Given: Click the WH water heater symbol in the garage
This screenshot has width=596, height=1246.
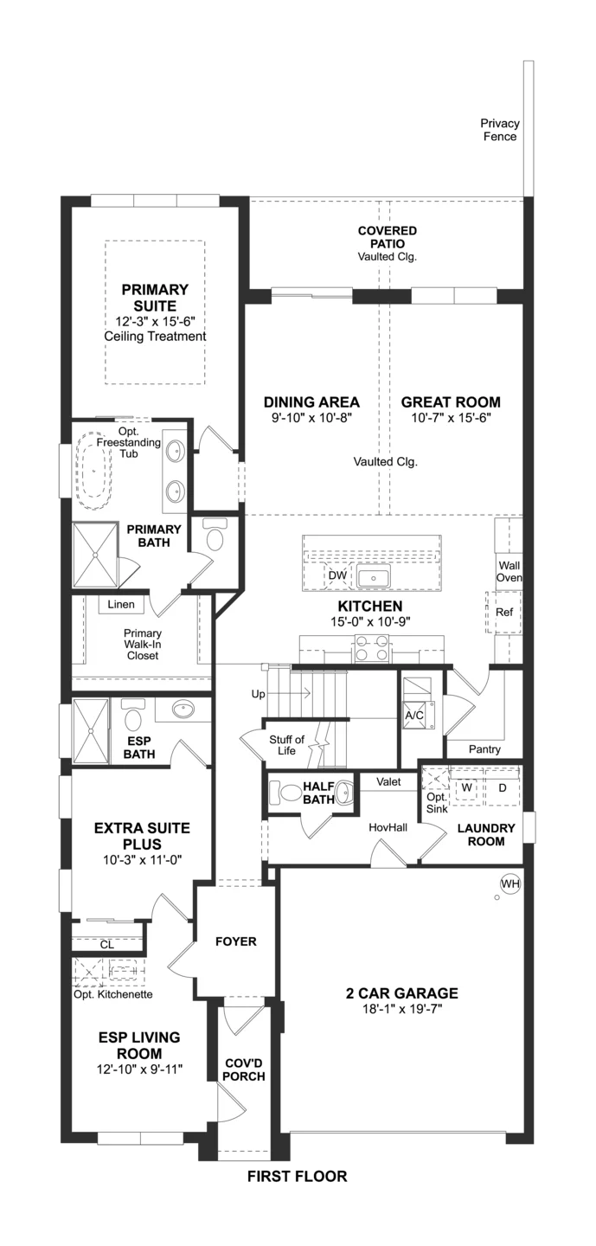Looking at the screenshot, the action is click(x=509, y=883).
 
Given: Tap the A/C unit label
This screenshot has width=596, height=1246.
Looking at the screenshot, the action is click(x=414, y=715).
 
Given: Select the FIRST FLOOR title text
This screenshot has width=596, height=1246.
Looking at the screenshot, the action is click(x=298, y=1176).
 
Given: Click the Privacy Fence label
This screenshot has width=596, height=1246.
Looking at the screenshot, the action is click(x=500, y=130).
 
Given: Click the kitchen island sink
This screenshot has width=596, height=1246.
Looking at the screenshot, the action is click(x=374, y=577).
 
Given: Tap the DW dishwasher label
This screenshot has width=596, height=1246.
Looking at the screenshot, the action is click(x=337, y=575).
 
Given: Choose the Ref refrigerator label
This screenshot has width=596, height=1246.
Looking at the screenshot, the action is click(x=504, y=612).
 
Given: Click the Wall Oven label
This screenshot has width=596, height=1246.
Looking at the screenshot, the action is click(x=509, y=571).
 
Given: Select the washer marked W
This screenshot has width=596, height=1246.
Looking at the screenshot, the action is click(x=466, y=787).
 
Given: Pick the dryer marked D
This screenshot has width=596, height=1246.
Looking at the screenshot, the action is click(x=503, y=787).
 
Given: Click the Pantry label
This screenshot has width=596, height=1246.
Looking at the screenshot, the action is click(x=484, y=749).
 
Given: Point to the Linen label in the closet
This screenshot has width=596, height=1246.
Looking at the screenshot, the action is click(x=121, y=604).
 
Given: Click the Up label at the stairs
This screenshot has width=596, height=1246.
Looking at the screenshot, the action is click(x=259, y=694).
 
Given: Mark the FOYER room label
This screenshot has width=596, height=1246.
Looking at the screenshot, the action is click(x=236, y=941).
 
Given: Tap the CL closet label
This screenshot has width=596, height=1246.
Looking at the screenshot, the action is click(x=106, y=945).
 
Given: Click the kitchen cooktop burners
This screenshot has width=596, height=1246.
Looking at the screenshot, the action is click(x=371, y=648).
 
